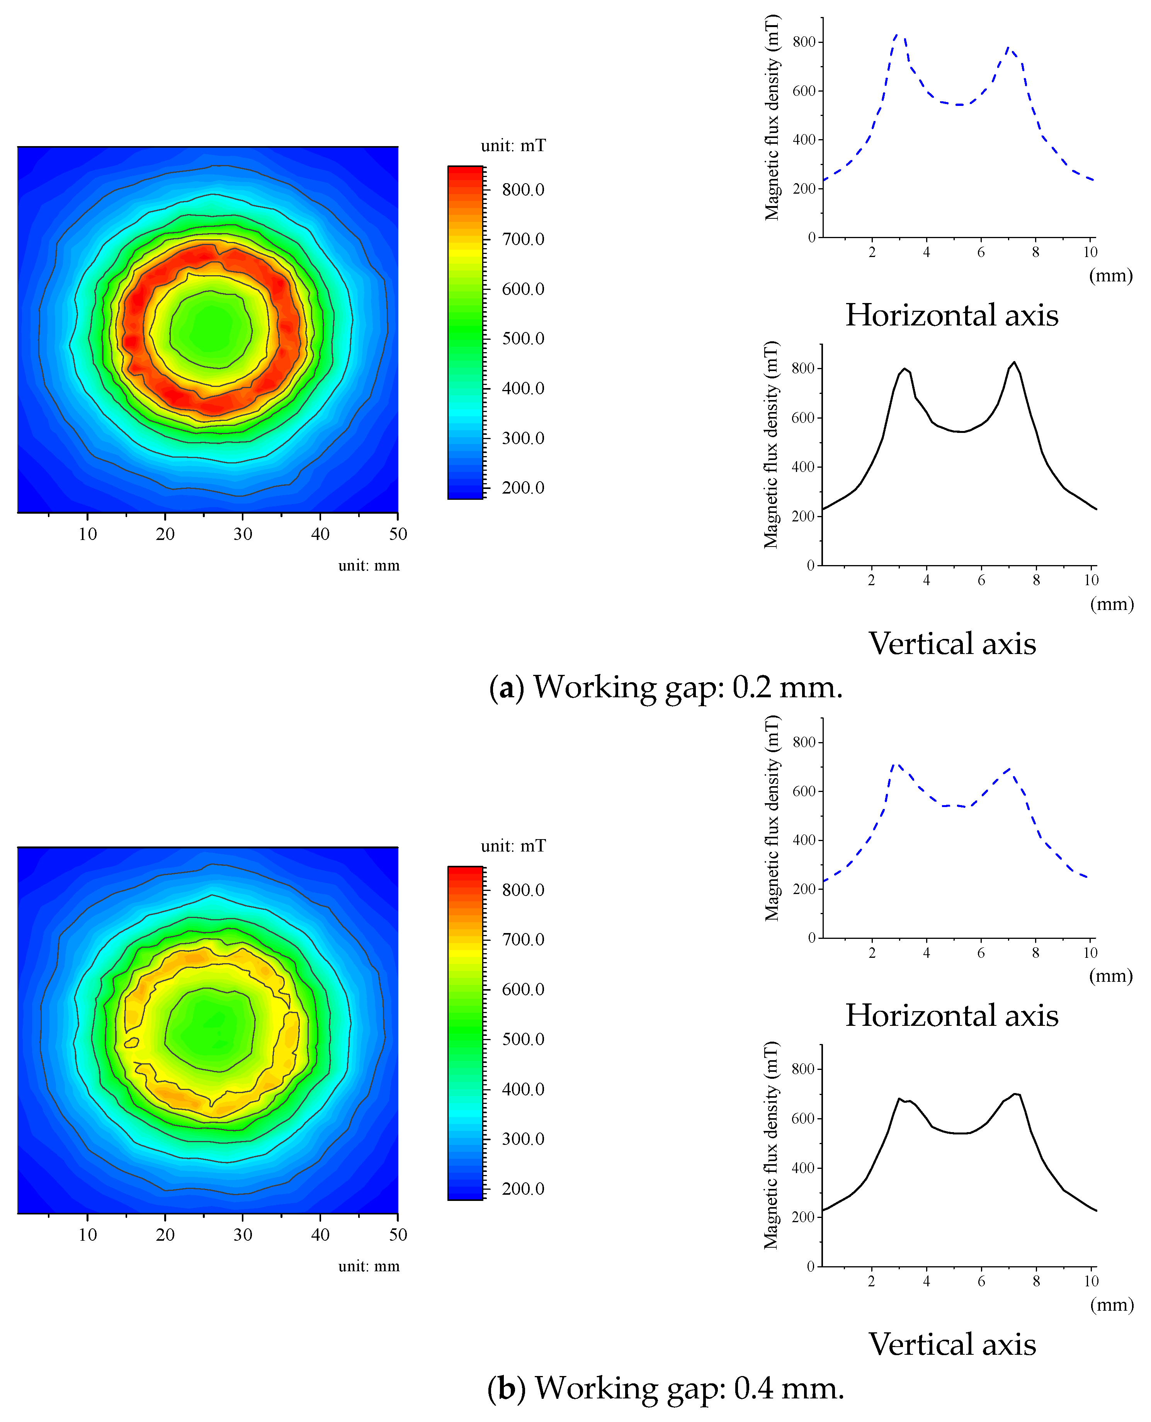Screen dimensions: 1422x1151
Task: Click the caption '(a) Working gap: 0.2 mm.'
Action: coord(665,687)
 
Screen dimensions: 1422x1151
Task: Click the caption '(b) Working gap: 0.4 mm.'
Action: coord(665,1388)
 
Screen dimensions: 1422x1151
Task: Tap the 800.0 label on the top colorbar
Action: coord(522,190)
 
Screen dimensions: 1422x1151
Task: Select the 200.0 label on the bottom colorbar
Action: coord(522,1189)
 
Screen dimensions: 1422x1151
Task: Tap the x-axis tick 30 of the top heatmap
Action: coord(243,534)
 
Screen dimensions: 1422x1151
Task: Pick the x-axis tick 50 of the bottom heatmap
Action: coord(398,1234)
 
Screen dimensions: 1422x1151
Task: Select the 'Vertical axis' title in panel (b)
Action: coord(952,1344)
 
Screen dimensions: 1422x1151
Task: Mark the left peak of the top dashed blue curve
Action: coord(898,34)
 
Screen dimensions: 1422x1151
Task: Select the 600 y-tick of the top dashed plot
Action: coord(804,91)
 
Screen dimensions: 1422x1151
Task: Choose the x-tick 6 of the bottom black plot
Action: coord(981,1281)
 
